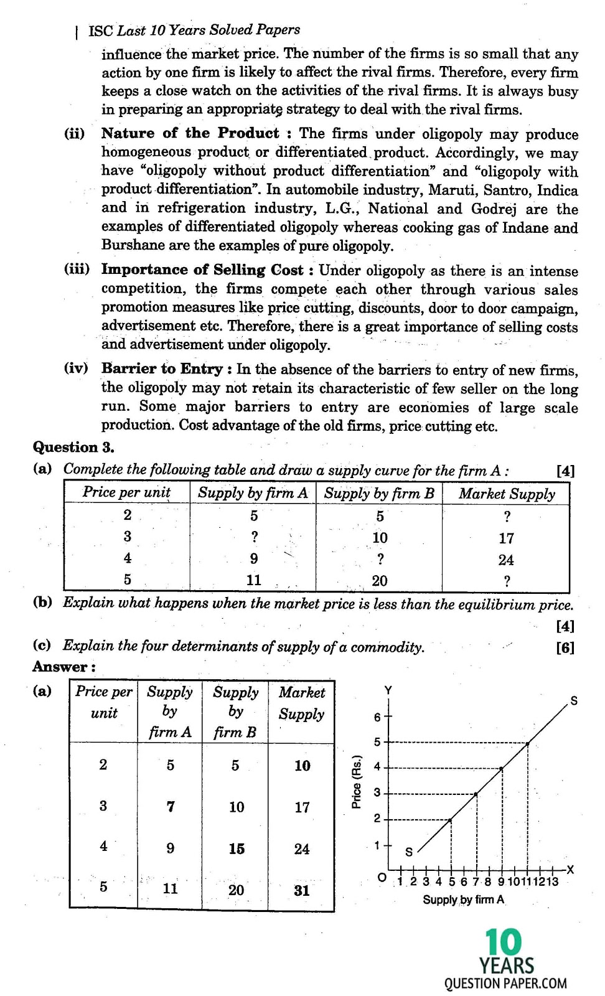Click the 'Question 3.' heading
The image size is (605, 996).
point(73,447)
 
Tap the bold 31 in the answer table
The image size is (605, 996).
point(302,890)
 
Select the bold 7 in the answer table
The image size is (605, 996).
point(171,807)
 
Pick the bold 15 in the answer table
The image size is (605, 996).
point(237,848)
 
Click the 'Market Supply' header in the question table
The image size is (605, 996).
point(507,494)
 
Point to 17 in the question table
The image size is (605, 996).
point(506,538)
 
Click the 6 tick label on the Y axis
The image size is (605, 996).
point(377,717)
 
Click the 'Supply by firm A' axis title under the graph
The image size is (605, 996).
point(464,900)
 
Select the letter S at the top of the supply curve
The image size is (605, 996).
point(574,701)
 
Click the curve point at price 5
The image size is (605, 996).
point(528,743)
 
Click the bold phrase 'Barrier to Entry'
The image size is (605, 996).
point(162,369)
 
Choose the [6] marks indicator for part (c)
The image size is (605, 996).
point(565,647)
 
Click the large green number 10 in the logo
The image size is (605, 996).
point(504,942)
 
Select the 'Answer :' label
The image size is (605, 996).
point(64,667)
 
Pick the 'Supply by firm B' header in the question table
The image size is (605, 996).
point(379,494)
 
